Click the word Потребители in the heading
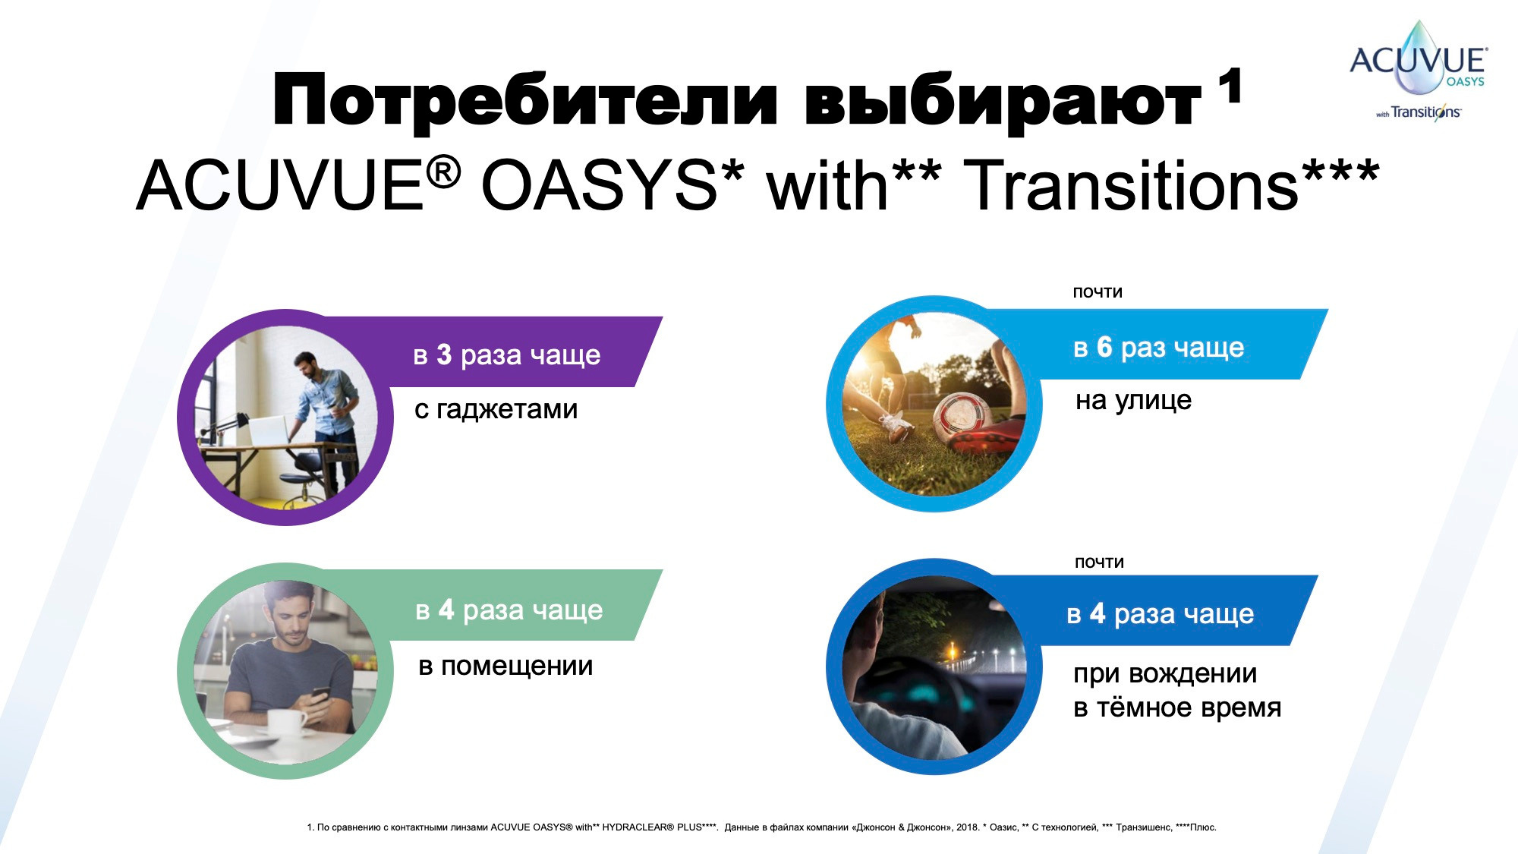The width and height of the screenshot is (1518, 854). click(x=524, y=101)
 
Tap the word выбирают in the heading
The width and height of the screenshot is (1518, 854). click(x=1001, y=101)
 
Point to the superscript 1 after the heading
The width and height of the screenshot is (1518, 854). click(x=1230, y=85)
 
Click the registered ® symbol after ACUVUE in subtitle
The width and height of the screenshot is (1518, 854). click(x=443, y=172)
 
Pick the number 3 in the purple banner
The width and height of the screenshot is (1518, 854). click(x=444, y=355)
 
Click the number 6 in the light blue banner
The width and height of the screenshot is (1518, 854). click(x=1104, y=347)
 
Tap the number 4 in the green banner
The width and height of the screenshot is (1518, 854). click(x=446, y=610)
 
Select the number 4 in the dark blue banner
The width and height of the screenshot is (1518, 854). click(x=1098, y=613)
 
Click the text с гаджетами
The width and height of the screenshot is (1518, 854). click(x=496, y=409)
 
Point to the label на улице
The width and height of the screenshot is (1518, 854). click(x=1133, y=400)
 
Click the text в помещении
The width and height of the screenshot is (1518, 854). click(x=505, y=666)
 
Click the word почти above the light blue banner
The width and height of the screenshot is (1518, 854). click(x=1098, y=292)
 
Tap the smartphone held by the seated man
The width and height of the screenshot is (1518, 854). click(x=320, y=695)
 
